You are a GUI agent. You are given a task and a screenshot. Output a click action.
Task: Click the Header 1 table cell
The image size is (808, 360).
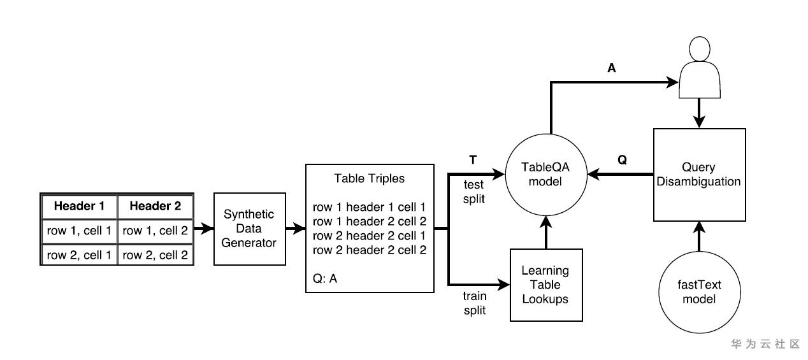point(79,206)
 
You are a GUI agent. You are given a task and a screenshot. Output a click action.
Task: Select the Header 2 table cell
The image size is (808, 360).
point(155,206)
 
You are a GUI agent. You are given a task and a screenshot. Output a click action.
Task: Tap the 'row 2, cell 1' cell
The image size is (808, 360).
point(79,255)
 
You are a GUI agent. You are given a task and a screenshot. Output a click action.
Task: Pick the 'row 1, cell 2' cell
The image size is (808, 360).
point(155,231)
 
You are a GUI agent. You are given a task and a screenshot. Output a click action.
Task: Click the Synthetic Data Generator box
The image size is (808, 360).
point(249,228)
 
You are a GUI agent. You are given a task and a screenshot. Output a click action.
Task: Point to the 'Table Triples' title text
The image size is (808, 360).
point(370,178)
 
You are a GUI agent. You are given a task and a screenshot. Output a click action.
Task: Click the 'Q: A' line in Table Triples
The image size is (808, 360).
point(325,278)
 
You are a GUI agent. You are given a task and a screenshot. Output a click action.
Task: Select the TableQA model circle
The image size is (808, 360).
point(545,174)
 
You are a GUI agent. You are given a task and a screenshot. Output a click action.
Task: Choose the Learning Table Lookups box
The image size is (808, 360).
point(547,284)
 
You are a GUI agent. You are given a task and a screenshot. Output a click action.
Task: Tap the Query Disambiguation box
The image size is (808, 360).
point(699,174)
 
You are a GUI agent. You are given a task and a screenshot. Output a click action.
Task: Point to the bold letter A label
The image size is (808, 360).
point(612,68)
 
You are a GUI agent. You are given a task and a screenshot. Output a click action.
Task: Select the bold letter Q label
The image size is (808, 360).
point(623,160)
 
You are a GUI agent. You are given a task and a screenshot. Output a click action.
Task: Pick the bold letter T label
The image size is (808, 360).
point(473,160)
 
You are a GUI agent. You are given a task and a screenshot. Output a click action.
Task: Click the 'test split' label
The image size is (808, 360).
point(473,191)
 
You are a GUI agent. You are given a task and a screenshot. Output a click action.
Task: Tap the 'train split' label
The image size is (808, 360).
point(474,303)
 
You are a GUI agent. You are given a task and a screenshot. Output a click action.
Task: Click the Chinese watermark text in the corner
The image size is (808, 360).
point(765,344)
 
